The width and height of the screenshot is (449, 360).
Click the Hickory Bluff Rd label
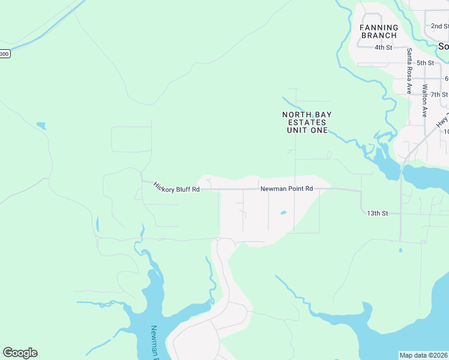click(175, 187)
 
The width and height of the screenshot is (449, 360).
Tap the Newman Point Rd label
click(287, 188)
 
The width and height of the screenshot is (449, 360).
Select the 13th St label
click(378, 213)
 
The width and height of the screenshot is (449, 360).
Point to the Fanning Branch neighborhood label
click(379, 31)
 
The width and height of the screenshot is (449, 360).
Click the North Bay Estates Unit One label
click(307, 122)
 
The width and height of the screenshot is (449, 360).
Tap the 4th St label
click(383, 47)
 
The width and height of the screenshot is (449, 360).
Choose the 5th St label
click(425, 63)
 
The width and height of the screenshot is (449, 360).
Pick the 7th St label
click(439, 95)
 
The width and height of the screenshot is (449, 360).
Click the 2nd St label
click(440, 26)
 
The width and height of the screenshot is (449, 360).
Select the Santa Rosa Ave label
click(409, 71)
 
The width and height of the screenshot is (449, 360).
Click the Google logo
click(20, 353)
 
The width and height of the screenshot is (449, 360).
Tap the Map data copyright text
click(423, 355)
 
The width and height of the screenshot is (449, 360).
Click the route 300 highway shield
click(5, 53)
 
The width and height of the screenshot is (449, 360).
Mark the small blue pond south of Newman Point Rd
click(282, 212)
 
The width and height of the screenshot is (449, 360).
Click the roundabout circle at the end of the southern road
click(218, 239)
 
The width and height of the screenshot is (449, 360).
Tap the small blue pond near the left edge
click(41, 125)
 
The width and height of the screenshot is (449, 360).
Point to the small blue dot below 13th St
click(400, 250)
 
